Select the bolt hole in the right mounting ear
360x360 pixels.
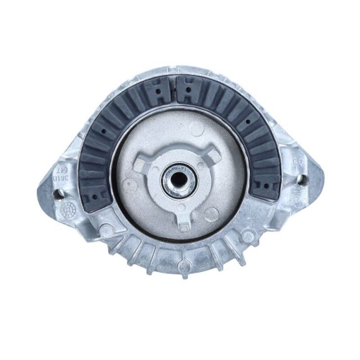[302, 178]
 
